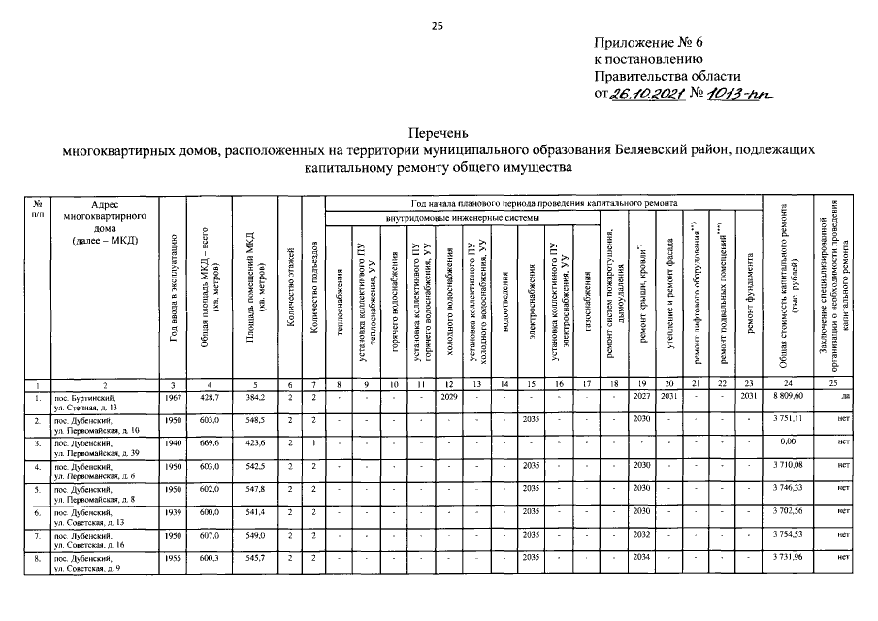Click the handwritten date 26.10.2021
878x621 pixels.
point(644,94)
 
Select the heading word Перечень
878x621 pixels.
point(439,133)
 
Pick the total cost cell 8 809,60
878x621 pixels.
point(793,397)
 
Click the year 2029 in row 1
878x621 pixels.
point(449,396)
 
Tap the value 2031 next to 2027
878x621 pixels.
point(668,396)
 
